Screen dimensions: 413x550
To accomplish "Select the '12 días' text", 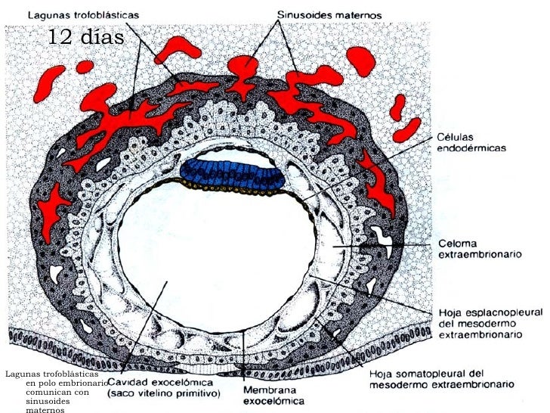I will (x=85, y=36).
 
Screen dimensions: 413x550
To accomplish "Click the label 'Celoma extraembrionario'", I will (x=480, y=250).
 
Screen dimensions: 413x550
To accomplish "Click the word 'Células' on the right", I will (x=456, y=138).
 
